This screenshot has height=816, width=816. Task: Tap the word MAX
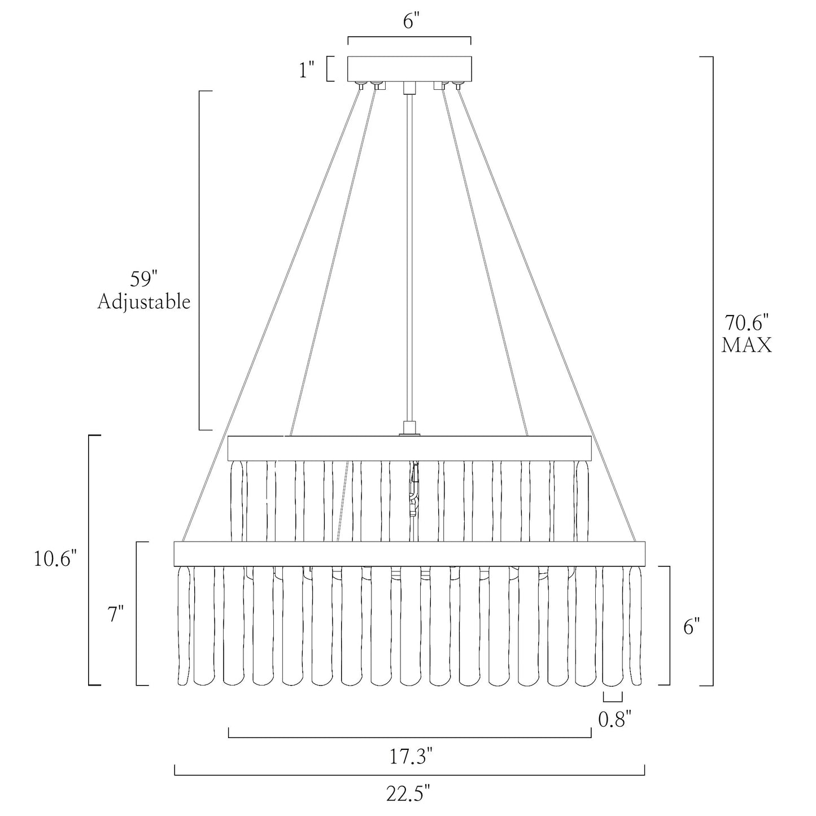pyautogui.click(x=747, y=345)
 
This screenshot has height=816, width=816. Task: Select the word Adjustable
pyautogui.click(x=144, y=302)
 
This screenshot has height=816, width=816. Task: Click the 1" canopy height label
pyautogui.click(x=307, y=69)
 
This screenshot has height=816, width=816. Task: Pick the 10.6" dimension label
pyautogui.click(x=56, y=559)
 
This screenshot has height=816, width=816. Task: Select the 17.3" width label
pyautogui.click(x=411, y=756)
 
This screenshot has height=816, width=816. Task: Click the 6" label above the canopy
pyautogui.click(x=409, y=21)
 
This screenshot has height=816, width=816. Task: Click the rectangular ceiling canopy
pyautogui.click(x=409, y=68)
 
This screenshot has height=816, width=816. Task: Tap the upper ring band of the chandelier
pyautogui.click(x=409, y=448)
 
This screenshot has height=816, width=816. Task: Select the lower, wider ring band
pyautogui.click(x=409, y=553)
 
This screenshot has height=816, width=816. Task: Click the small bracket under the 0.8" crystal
pyautogui.click(x=613, y=696)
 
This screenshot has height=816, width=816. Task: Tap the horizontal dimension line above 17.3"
pyautogui.click(x=409, y=738)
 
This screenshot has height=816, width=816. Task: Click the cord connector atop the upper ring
pyautogui.click(x=409, y=428)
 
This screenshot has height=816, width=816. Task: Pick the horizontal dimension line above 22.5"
pyautogui.click(x=409, y=775)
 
